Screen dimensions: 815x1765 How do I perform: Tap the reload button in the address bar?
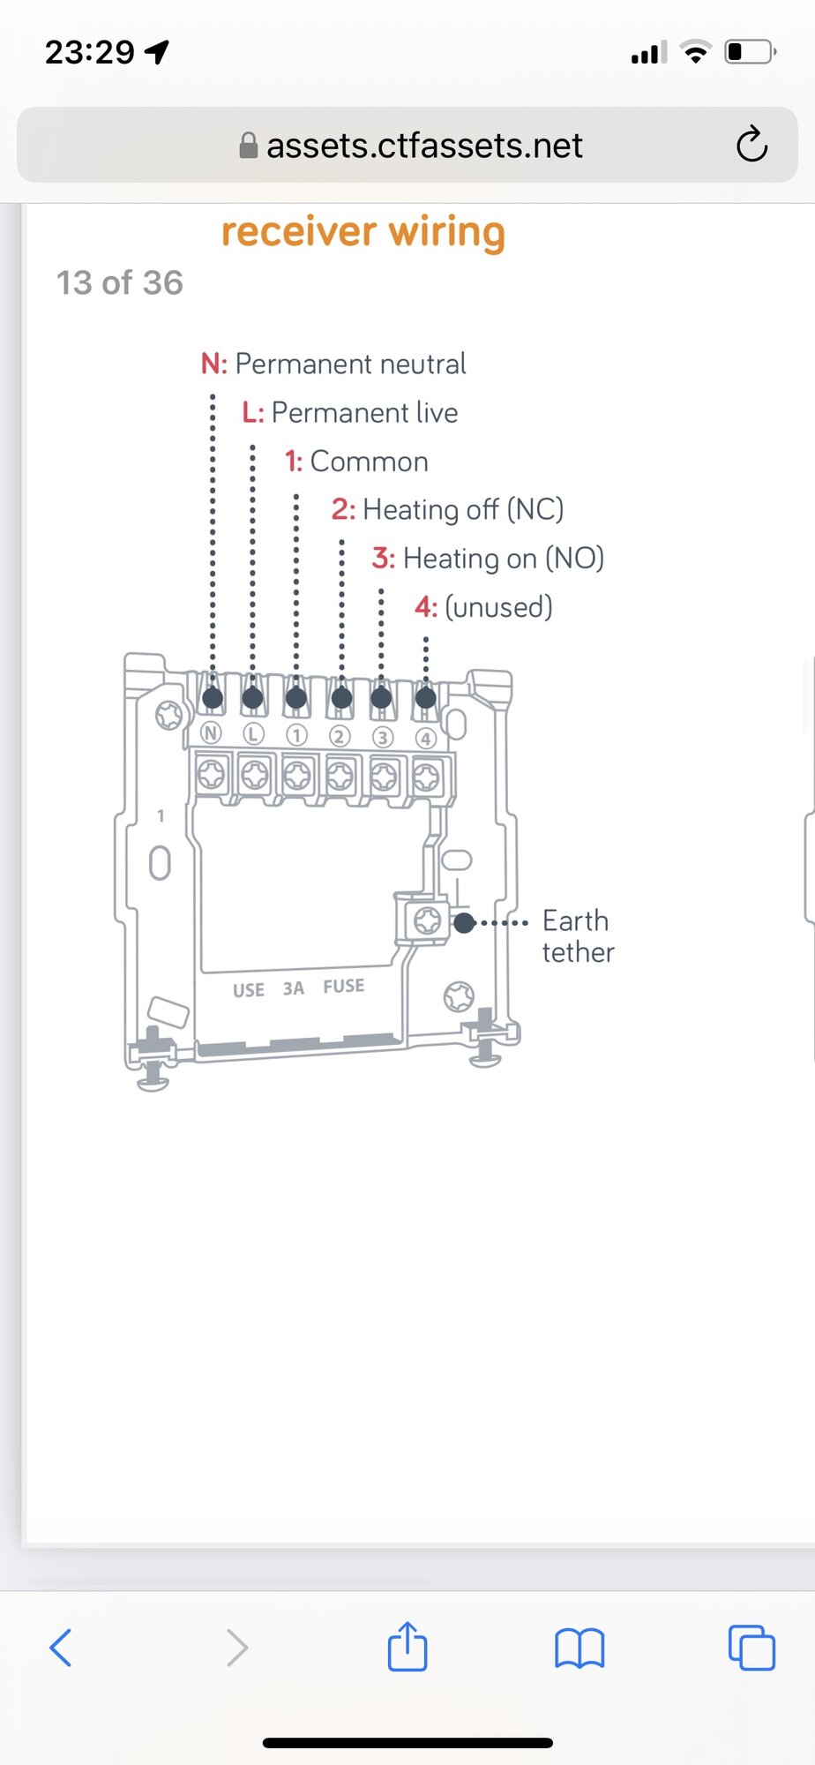751,145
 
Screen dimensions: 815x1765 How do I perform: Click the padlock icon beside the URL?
249,146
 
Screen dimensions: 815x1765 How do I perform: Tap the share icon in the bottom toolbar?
407,1646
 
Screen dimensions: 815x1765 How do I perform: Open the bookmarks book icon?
579,1648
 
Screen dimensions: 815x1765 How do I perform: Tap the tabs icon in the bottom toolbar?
751,1647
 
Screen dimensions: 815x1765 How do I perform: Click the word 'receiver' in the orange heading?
299,232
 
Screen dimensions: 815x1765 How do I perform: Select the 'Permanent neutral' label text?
350,364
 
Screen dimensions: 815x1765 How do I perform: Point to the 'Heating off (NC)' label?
463,510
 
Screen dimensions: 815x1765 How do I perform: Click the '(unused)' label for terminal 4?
498,607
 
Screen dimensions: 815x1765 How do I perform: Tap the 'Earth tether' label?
578,936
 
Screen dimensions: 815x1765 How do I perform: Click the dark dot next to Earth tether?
464,923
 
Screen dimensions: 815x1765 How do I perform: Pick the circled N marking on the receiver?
211,732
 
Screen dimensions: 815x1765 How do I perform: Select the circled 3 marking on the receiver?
382,737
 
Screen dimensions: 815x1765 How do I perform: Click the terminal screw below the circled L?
254,775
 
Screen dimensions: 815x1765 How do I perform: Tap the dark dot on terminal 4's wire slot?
425,698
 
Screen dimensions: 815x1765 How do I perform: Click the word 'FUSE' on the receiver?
344,986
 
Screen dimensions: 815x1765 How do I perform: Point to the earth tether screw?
428,920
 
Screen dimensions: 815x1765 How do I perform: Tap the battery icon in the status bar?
751,52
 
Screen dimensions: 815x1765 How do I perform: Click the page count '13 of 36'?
120,282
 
